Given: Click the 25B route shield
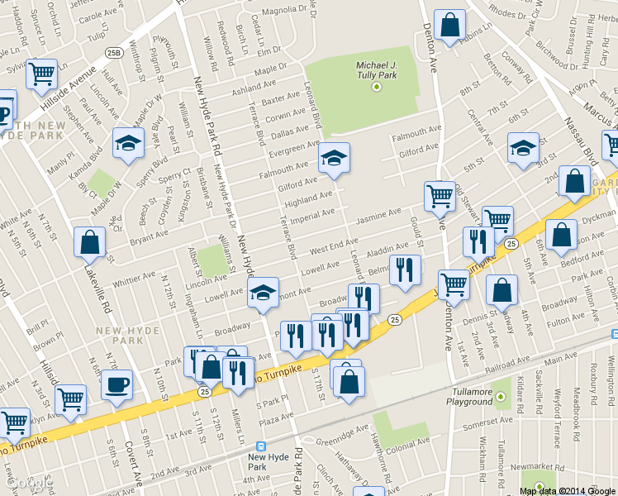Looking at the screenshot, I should coord(114,53).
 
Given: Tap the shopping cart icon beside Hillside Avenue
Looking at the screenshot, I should coord(41,74).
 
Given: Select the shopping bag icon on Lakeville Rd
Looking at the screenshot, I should coord(89,243).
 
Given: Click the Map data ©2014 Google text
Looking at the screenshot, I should coord(568,491).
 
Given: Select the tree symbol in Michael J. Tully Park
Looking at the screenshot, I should coord(377,85).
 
